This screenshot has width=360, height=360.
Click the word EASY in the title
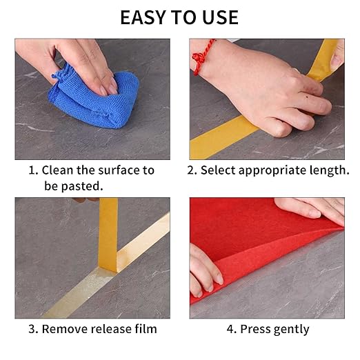click(143, 17)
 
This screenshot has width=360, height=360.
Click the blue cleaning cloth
click(94, 97)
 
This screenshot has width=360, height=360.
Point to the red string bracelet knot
click(198, 59)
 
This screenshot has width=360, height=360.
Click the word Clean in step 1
click(58, 170)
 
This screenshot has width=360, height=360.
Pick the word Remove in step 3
click(65, 329)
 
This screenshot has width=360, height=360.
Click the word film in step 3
click(146, 329)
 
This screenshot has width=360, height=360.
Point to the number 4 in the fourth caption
click(230, 329)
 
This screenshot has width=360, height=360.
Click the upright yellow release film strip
click(108, 234)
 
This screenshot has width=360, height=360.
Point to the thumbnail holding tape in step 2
click(336, 60)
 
